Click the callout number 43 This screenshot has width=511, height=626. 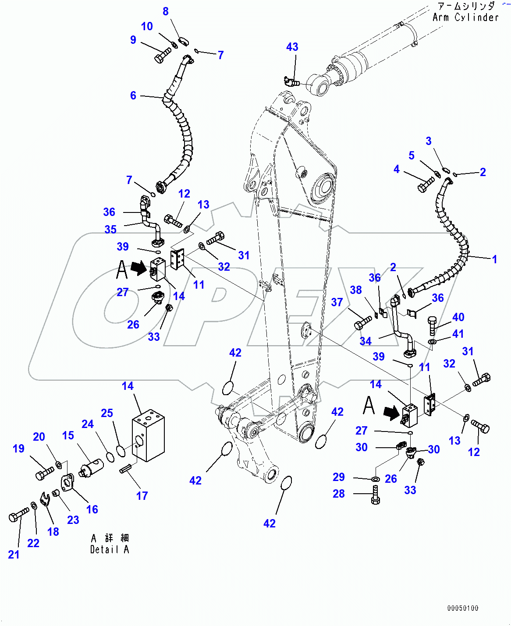pos(292,47)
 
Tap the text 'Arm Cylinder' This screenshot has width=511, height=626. pos(465,18)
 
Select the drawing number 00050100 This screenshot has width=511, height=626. pos(462,608)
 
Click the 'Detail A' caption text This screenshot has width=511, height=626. pos(110,549)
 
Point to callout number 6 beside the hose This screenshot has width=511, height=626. pos(133,95)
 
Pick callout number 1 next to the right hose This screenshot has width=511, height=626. pos(494,259)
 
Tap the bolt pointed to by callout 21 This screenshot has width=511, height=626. pos(18,515)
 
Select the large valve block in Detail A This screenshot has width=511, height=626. pos(148,435)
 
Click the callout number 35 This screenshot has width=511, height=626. pos(110,229)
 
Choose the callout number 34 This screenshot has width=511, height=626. pos(366,341)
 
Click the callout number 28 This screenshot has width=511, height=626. pos(338,494)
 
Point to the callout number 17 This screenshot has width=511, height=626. pos(142,495)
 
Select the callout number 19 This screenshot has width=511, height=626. pos(18,449)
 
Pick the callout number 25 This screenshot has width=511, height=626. pos(107,413)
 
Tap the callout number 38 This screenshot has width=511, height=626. pos(356,290)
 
